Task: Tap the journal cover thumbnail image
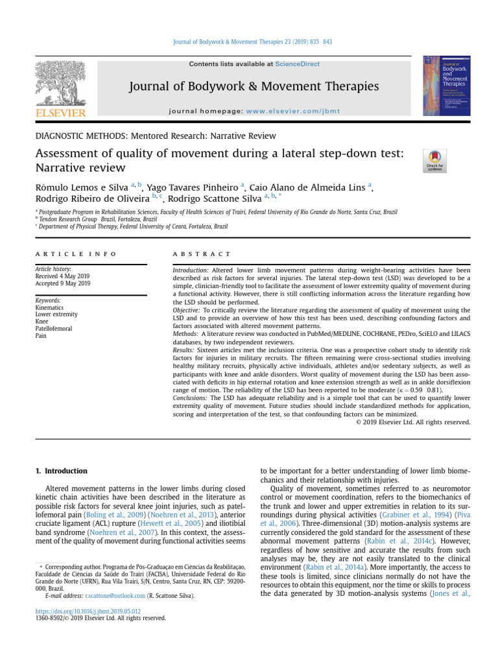point(447,86)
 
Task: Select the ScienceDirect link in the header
point(298,64)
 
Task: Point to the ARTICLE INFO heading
point(76,254)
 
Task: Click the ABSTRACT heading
point(202,254)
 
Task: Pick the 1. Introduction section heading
point(60,471)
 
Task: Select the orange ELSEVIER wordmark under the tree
point(62,113)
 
